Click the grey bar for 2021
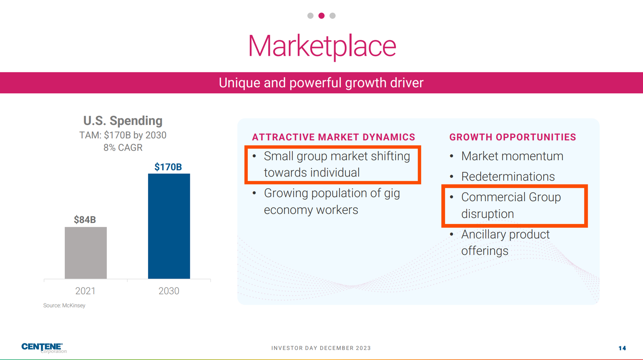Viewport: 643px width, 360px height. pos(86,253)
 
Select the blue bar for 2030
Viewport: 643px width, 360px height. pos(169,226)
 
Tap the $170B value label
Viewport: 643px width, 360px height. pos(168,167)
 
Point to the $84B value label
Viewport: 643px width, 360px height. pos(85,220)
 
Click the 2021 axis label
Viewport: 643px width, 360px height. pos(85,291)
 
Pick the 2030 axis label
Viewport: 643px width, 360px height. pos(169,291)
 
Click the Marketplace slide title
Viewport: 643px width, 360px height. pos(322,46)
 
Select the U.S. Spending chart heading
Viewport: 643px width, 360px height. pos(123,121)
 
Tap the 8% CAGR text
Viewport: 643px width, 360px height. pos(123,147)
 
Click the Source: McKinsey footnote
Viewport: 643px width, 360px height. pos(64,305)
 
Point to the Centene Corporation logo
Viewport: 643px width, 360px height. pos(44,348)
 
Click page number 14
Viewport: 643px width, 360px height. pos(622,348)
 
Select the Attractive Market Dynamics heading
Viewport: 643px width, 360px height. pos(334,137)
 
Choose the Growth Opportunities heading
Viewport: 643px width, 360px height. pos(513,137)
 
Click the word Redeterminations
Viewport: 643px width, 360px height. pos(508,176)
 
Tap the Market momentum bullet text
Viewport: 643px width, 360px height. pos(512,156)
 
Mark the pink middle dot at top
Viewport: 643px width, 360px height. pos(321,16)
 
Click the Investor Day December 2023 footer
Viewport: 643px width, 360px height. pos(321,348)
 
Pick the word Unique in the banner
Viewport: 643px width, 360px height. pos(239,83)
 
